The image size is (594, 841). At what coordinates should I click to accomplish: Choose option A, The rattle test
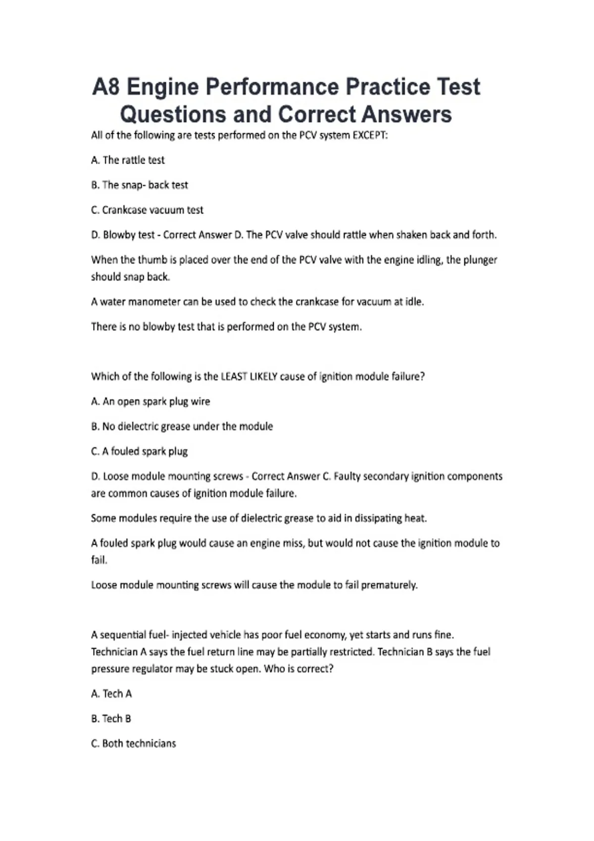coord(128,160)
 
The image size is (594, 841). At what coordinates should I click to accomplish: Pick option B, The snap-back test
coord(140,185)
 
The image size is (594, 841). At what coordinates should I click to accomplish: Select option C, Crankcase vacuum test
coord(147,210)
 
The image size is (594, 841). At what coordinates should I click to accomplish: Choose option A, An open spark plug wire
coord(150,402)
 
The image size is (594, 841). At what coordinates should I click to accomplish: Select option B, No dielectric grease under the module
coord(182,426)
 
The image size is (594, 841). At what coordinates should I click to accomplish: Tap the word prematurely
coord(389,585)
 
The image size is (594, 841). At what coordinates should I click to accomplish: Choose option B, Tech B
coord(111,719)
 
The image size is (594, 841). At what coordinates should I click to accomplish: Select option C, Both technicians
coord(133,744)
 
